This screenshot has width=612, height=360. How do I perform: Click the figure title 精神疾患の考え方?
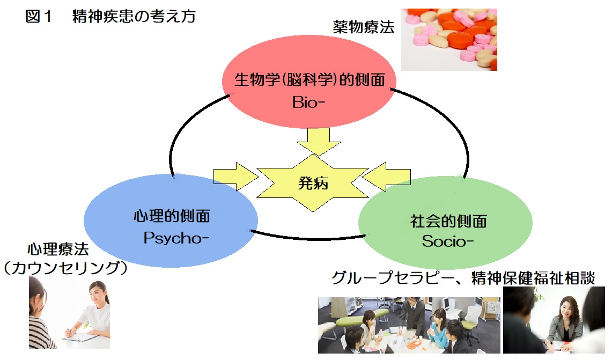[x=134, y=17]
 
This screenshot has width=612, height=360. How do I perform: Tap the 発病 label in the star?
[x=313, y=183]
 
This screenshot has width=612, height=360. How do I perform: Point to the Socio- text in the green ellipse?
[x=447, y=241]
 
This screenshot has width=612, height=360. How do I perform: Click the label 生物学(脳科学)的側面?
[x=310, y=80]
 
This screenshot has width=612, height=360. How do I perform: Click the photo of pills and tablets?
[x=448, y=39]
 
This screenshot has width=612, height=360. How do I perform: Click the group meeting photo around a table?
[x=409, y=324]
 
